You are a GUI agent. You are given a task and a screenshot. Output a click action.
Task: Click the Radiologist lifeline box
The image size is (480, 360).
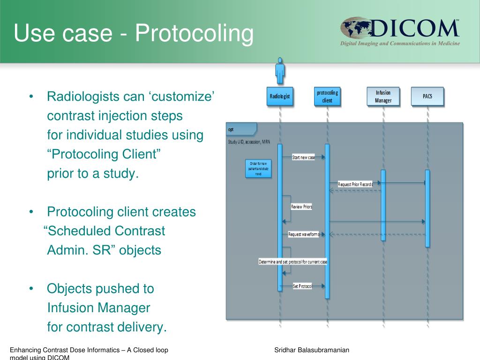tap(280, 97)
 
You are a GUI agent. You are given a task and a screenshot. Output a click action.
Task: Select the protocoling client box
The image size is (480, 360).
tap(327, 97)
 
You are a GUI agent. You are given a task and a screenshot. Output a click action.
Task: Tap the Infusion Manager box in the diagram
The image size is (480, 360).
tap(383, 97)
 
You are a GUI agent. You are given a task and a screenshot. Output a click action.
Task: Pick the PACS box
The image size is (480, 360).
tap(427, 97)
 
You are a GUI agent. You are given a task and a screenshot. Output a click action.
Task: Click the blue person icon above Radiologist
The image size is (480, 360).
tap(280, 70)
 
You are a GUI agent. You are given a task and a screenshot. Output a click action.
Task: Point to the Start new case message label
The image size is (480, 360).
tap(304, 157)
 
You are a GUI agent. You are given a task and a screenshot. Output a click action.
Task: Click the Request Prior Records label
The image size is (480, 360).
tap(355, 184)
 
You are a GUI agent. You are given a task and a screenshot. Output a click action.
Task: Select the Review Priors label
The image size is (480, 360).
tap(301, 207)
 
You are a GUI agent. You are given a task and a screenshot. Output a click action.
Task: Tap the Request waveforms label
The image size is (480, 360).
tap(303, 234)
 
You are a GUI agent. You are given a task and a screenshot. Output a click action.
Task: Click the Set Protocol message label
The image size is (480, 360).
tap(302, 286)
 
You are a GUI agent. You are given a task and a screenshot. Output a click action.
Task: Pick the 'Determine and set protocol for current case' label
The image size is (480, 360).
tap(293, 262)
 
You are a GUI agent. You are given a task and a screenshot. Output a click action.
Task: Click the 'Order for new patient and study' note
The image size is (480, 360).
tap(258, 168)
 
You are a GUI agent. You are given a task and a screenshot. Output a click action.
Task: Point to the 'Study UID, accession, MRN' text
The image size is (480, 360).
tap(249, 141)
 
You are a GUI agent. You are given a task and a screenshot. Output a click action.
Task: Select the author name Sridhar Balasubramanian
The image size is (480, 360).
tap(312, 351)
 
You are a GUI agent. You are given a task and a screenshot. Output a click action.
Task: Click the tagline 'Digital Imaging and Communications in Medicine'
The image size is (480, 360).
tap(400, 44)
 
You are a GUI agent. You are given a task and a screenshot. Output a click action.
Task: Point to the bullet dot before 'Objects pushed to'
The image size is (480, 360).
tap(31, 289)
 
